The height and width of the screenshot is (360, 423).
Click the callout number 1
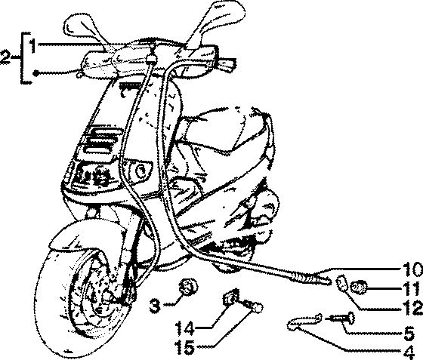pos(32,45)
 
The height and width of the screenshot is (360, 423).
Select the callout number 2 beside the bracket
pos(5,57)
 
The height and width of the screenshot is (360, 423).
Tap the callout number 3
pos(155,306)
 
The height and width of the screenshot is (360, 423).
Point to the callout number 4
pos(409,352)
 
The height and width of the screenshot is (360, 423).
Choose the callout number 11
pos(412,289)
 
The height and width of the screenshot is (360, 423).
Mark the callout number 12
pos(412,308)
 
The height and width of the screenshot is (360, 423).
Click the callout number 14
pos(185,328)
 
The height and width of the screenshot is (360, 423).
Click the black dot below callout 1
pos(36,73)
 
